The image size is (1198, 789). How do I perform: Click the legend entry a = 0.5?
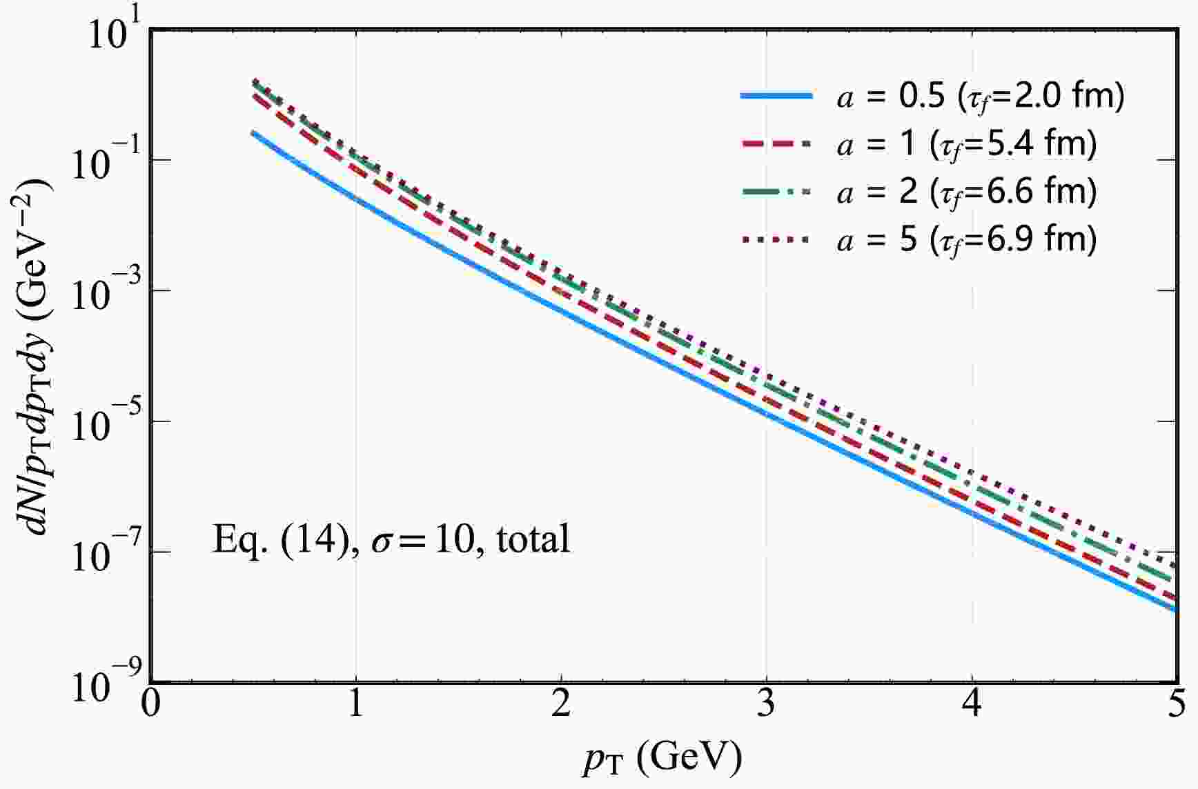tap(980, 97)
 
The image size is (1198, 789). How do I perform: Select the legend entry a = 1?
tap(966, 144)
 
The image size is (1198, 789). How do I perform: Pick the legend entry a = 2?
tap(966, 192)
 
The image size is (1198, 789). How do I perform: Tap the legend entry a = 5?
tap(966, 239)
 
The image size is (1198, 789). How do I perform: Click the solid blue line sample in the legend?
tap(776, 97)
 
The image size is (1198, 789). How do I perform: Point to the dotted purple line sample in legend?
tap(776, 239)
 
